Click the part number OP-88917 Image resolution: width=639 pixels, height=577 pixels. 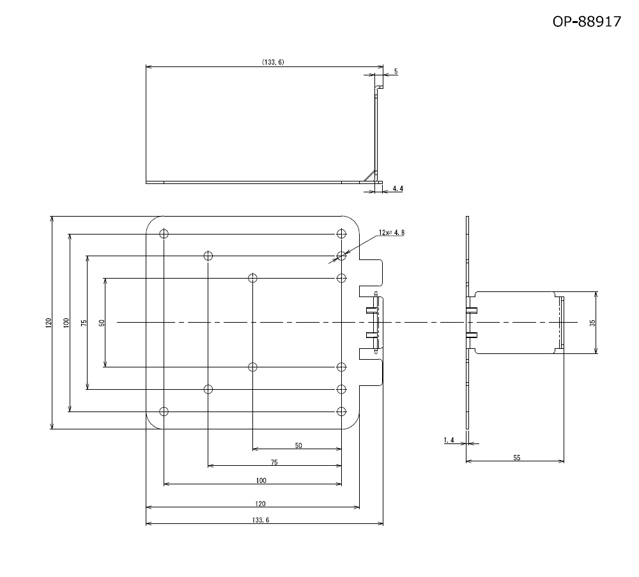click(x=587, y=21)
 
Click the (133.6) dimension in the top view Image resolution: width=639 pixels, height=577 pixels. click(x=273, y=62)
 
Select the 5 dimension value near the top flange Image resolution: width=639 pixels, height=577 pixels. click(x=396, y=72)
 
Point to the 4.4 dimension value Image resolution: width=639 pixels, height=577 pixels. click(x=397, y=188)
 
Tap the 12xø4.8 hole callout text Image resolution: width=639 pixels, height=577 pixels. click(x=392, y=233)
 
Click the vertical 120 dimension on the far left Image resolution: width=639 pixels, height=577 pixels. click(x=49, y=323)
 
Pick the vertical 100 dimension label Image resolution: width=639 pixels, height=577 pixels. click(x=66, y=323)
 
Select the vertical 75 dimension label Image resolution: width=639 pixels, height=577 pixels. click(x=84, y=323)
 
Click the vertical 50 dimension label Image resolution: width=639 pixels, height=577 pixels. click(x=102, y=323)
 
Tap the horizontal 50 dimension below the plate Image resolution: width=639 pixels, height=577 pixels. click(x=298, y=445)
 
